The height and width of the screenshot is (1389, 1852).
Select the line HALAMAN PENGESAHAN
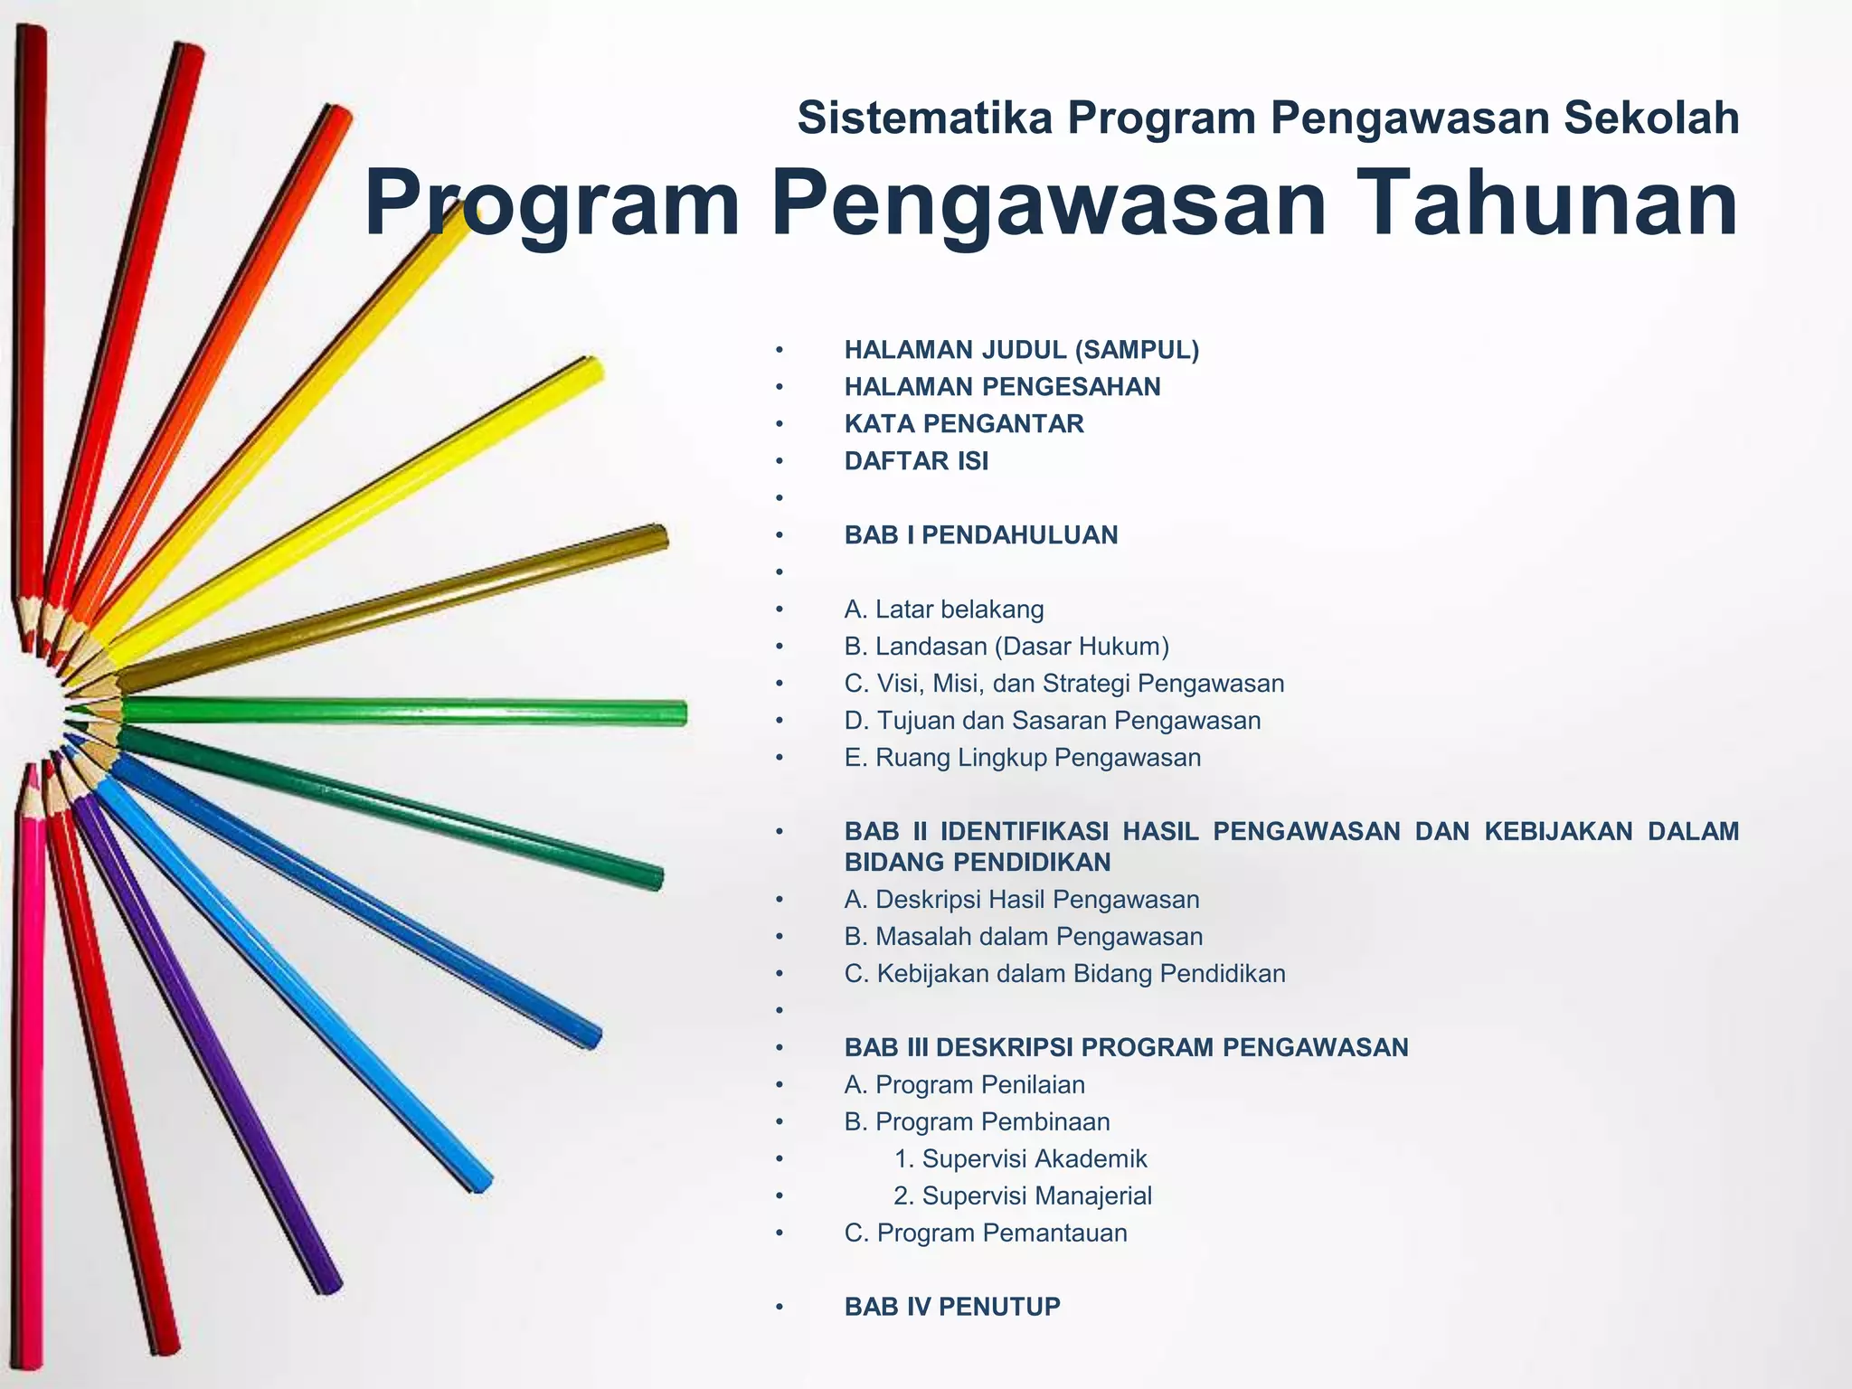1002,387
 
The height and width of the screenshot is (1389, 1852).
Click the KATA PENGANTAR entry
964,424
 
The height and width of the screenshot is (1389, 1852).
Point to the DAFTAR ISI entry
916,461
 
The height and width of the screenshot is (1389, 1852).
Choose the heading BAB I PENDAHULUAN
981,535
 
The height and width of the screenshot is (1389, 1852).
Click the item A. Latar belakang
944,609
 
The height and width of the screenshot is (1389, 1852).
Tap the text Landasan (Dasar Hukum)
1022,647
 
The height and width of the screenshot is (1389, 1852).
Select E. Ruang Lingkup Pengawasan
1023,758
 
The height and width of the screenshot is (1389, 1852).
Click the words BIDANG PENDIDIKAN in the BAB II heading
978,863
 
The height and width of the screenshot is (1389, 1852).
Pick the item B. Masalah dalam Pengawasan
1024,937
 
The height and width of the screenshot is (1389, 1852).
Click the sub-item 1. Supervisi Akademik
1020,1159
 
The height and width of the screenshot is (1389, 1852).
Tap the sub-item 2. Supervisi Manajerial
1023,1196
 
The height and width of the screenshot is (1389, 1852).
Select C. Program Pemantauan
986,1233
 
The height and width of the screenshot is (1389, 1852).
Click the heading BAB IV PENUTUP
952,1308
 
